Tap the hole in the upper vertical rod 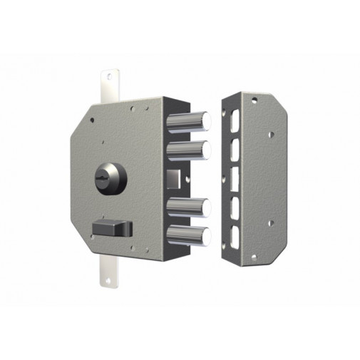(109, 74)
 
